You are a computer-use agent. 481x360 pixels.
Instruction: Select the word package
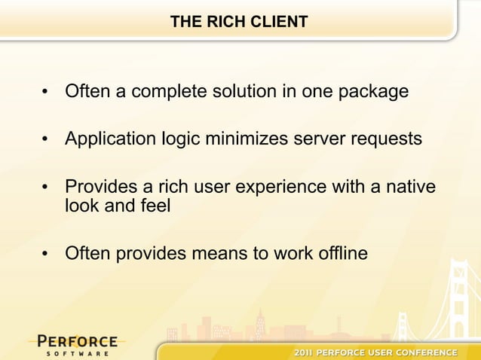pos(372,92)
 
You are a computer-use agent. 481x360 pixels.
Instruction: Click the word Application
pos(110,139)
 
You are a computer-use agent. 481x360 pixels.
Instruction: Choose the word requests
pos(384,139)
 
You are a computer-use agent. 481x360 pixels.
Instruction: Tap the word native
pos(412,186)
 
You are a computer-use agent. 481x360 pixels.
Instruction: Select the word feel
pos(154,205)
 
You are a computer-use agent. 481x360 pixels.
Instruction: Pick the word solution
pos(253,92)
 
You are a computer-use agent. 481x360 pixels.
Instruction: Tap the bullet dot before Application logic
pos(46,141)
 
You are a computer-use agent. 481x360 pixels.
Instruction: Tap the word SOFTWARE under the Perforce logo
pos(77,352)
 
